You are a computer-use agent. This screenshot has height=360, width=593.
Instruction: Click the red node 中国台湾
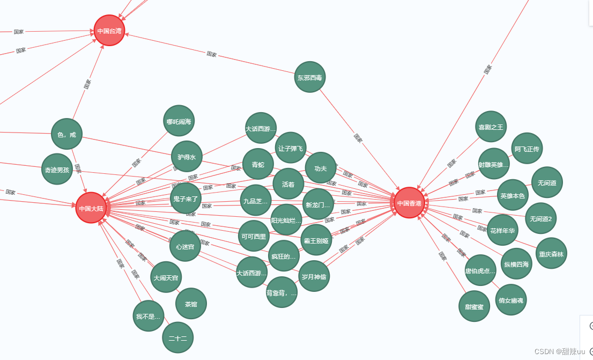[x=109, y=31]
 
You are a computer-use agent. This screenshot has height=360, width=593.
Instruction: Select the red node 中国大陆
[x=91, y=208]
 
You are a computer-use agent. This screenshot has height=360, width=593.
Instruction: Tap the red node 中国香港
[x=410, y=203]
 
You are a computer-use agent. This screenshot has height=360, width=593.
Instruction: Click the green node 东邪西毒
[x=310, y=77]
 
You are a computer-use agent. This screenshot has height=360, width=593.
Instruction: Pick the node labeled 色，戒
[x=66, y=134]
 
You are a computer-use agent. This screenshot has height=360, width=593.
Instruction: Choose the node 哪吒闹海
[x=179, y=121]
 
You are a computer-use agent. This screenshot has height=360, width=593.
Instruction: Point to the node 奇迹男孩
[x=57, y=170]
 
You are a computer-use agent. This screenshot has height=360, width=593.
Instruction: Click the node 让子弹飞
[x=290, y=148]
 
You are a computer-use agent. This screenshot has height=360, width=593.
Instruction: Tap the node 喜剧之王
[x=491, y=127]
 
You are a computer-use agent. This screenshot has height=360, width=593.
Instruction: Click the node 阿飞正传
[x=527, y=149]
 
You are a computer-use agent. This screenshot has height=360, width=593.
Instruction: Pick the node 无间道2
[x=540, y=218]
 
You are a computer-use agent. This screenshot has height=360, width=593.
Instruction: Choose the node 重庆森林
[x=551, y=253]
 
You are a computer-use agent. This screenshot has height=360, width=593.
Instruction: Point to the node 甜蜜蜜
[x=475, y=306]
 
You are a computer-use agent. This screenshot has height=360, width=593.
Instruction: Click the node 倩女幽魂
[x=511, y=300]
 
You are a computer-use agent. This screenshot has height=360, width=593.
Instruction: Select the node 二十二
[x=177, y=337]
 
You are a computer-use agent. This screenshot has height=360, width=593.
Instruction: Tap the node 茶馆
[x=191, y=304]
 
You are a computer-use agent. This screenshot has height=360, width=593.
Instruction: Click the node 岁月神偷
[x=314, y=276]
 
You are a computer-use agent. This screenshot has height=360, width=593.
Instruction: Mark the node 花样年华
[x=502, y=230]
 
